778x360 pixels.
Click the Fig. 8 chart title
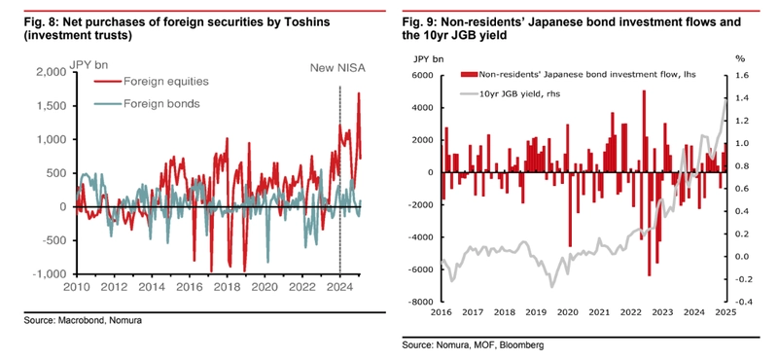[177, 29]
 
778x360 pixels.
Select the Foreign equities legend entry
[151, 82]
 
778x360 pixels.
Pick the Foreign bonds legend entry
[147, 104]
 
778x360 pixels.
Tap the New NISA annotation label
[337, 68]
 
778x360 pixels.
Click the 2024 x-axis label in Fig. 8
[339, 287]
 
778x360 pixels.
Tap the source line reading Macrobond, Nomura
[83, 321]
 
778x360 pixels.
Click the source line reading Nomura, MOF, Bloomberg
[473, 344]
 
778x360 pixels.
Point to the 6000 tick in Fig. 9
[425, 76]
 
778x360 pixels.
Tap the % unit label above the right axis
[740, 58]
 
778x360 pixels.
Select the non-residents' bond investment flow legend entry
[579, 75]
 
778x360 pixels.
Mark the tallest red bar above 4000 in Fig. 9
[644, 131]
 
